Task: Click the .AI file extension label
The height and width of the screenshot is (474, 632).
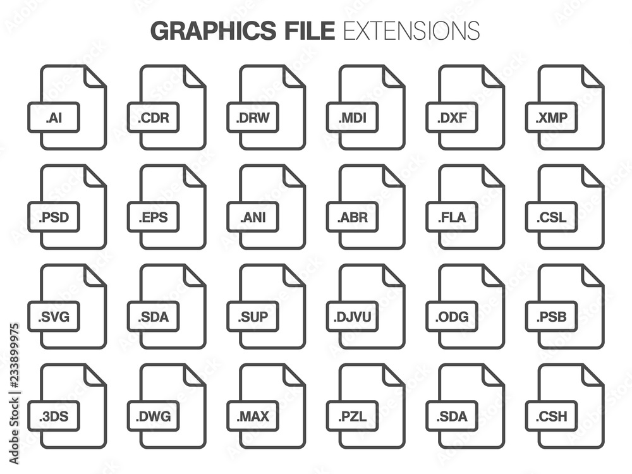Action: (x=54, y=118)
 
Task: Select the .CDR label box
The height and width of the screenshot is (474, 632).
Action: (x=153, y=118)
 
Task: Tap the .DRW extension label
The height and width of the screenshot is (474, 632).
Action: (x=253, y=118)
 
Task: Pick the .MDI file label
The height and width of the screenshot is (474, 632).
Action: (x=352, y=118)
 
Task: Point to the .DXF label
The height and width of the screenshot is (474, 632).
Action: (x=452, y=118)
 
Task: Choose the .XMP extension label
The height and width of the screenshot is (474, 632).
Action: (x=551, y=118)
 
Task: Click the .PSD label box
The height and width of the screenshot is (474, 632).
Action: (x=54, y=217)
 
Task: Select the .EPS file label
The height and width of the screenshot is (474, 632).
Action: (x=153, y=217)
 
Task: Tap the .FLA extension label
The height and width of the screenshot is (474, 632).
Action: (x=452, y=217)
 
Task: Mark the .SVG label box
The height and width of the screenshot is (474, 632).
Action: (x=54, y=317)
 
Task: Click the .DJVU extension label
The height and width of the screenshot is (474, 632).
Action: (x=352, y=317)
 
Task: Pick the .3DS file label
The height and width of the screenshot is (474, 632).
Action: (x=54, y=416)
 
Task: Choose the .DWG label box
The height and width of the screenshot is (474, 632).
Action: (x=153, y=416)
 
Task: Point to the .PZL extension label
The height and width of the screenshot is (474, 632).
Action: (x=352, y=416)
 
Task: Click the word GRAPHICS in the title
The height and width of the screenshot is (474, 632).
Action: (x=213, y=30)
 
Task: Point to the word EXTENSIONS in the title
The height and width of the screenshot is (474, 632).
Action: (x=411, y=30)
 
